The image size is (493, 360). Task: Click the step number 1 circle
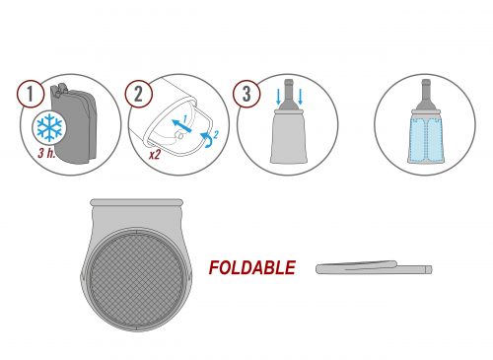click(31, 94)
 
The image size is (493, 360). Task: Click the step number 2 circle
click(138, 94)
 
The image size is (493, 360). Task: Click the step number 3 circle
click(246, 94)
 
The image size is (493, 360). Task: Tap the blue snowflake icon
click(49, 127)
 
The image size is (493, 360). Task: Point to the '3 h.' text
click(46, 153)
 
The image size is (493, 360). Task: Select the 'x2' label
click(155, 154)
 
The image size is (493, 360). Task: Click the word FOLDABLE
click(252, 267)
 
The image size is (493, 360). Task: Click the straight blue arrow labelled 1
click(181, 126)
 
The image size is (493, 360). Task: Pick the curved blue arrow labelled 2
click(207, 140)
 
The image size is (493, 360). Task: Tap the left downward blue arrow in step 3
click(278, 97)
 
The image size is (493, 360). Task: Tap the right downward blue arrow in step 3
click(300, 97)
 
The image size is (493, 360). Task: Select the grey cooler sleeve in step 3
click(288, 136)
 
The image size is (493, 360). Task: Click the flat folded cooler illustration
click(374, 267)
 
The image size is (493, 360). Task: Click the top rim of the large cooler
click(136, 202)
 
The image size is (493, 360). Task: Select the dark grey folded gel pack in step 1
click(75, 124)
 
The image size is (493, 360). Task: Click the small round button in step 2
click(180, 135)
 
